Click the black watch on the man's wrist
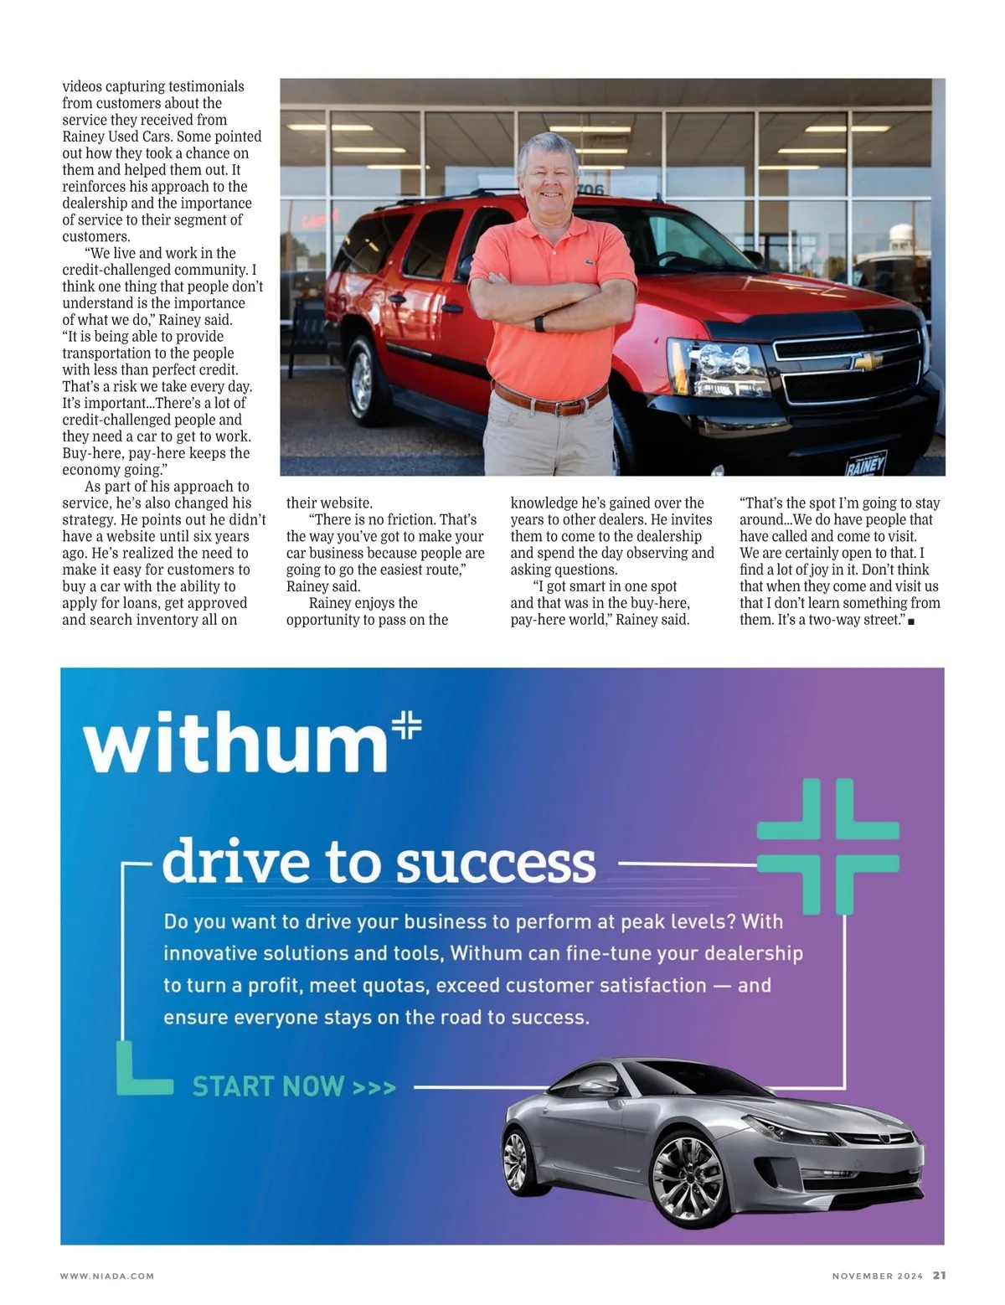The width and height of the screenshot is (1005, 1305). pyautogui.click(x=539, y=323)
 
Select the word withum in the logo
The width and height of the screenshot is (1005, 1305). pyautogui.click(x=235, y=744)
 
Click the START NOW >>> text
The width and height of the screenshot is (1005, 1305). pyautogui.click(x=294, y=1087)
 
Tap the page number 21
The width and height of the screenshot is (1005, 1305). pyautogui.click(x=939, y=1276)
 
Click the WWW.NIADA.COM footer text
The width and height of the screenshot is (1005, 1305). pyautogui.click(x=107, y=1277)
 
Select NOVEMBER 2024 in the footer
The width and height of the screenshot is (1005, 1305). pyautogui.click(x=877, y=1277)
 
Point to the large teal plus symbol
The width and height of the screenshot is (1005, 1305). pyautogui.click(x=827, y=846)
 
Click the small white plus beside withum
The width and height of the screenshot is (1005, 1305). pyautogui.click(x=407, y=725)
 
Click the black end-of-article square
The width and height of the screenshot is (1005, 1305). pyautogui.click(x=910, y=622)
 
